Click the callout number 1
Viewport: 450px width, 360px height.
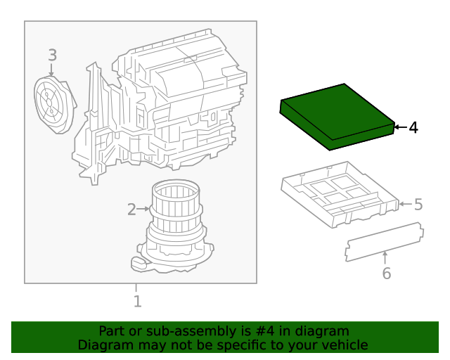click(137, 302)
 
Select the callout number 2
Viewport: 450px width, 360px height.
click(131, 209)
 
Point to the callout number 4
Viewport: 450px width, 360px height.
click(413, 127)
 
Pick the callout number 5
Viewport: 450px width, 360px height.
click(418, 205)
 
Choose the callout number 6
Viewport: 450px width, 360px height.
click(386, 273)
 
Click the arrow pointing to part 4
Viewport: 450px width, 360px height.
click(399, 127)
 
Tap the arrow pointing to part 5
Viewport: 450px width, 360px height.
click(404, 205)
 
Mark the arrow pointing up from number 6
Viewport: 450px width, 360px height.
click(385, 257)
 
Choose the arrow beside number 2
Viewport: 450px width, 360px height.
click(143, 209)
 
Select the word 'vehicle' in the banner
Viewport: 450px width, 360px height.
click(345, 345)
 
